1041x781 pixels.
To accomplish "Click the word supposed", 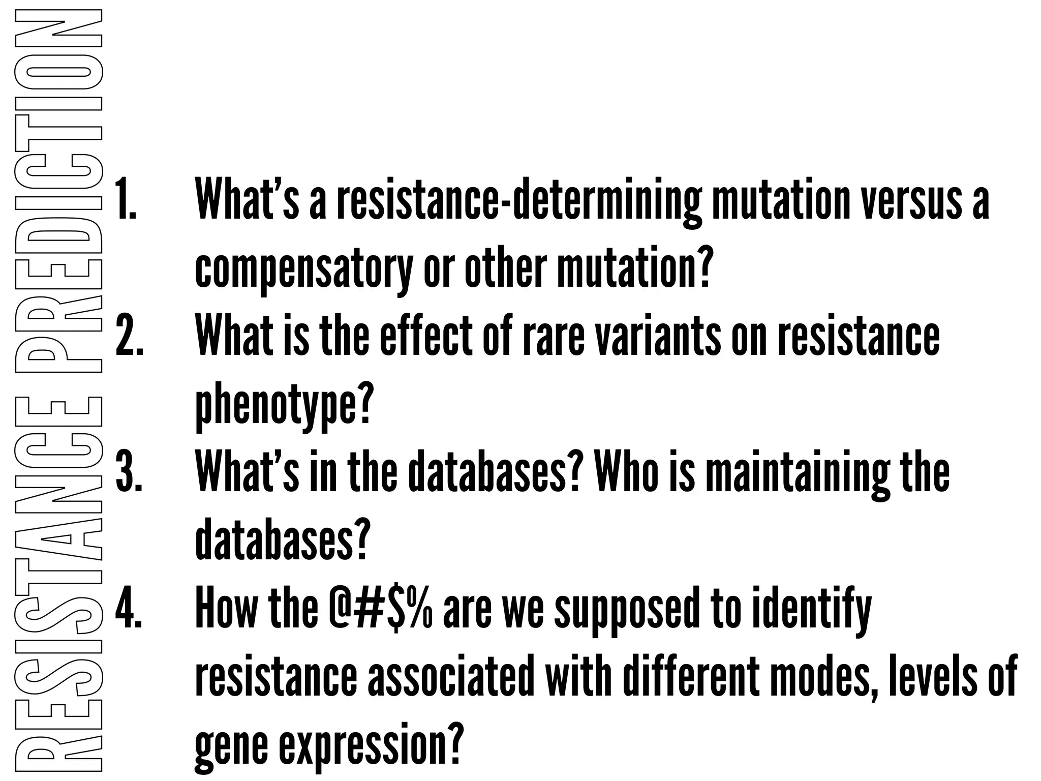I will tap(630, 610).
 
